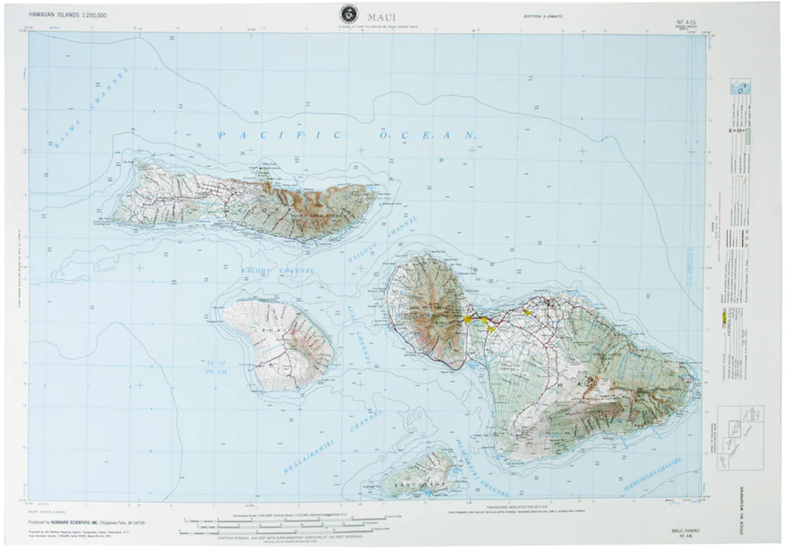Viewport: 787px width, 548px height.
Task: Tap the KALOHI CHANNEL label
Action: [278, 270]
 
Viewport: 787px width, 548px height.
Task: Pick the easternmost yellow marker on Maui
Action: [527, 312]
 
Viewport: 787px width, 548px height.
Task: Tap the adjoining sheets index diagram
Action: [742, 438]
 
